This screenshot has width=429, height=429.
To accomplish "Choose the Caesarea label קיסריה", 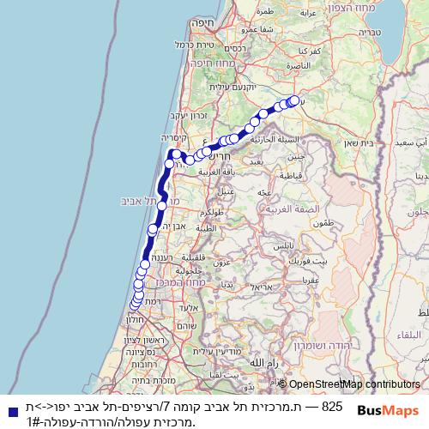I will (175, 137).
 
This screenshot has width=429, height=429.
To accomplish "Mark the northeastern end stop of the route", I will (294, 100).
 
